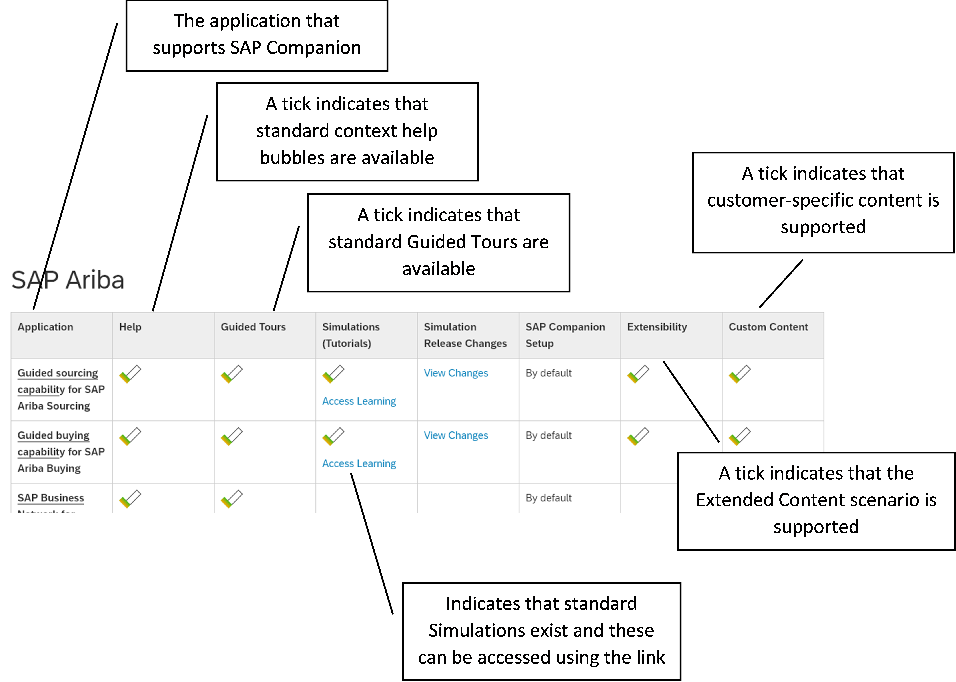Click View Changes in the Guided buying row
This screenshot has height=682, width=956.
pos(456,435)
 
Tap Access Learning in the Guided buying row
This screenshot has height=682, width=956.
pos(359,464)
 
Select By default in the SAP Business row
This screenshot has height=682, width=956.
pos(549,498)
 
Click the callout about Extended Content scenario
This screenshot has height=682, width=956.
pos(816,500)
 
